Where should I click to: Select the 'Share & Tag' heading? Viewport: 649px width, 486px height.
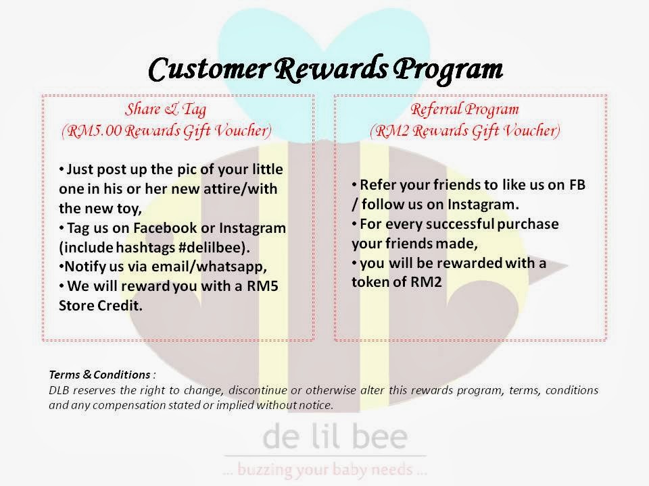point(166,109)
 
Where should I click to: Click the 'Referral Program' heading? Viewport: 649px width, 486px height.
point(465,109)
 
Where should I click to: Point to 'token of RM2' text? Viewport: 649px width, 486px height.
point(398,282)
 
